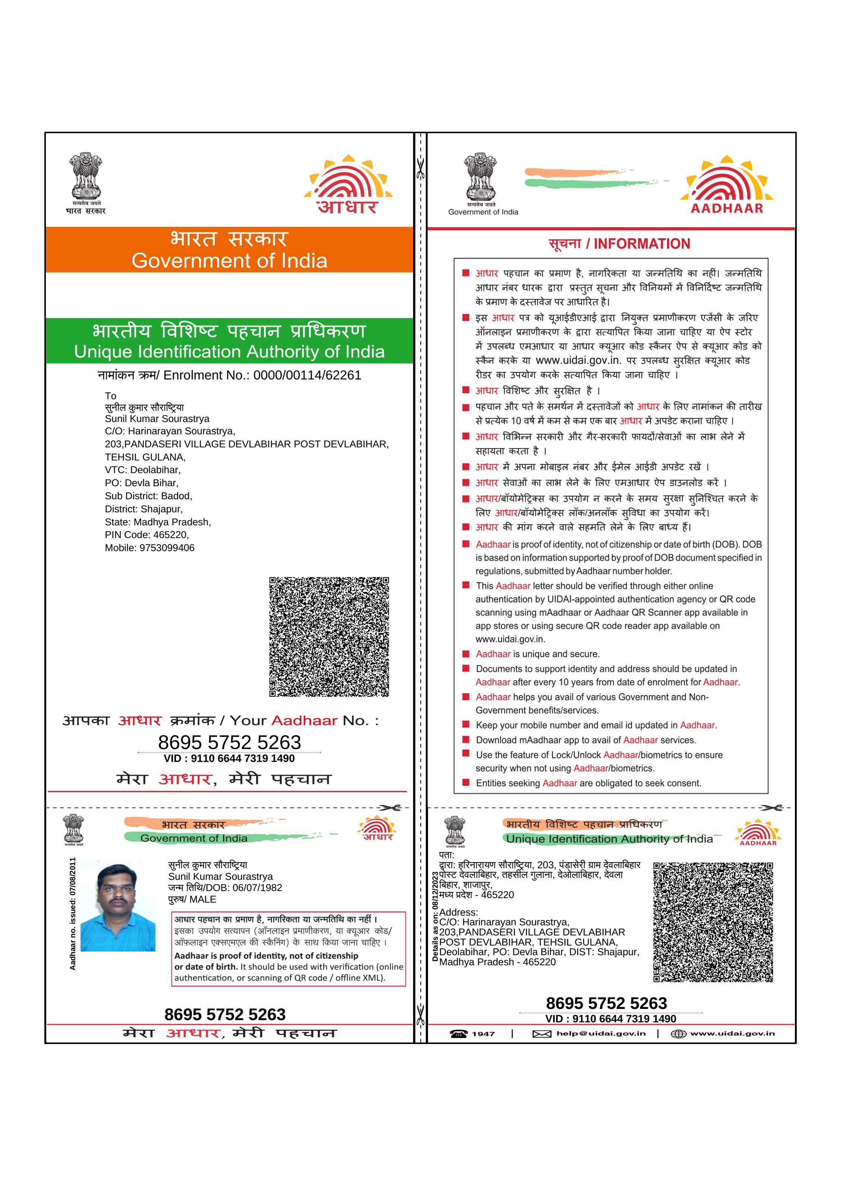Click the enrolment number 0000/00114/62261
[x=306, y=375]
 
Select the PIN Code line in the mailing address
[x=147, y=535]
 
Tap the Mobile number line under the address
[x=150, y=548]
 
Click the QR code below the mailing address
[x=329, y=637]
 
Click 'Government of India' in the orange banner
[x=229, y=260]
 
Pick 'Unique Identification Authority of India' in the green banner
[x=229, y=352]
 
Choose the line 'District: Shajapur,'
[x=144, y=509]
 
